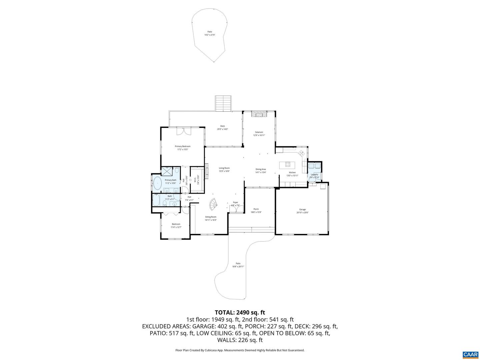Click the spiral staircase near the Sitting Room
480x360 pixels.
tap(213, 204)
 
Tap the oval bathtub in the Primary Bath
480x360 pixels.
tap(157, 183)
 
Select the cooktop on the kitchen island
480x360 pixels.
tap(288, 164)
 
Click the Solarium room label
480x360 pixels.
tap(259, 132)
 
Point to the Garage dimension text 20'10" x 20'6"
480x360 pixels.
tap(302, 212)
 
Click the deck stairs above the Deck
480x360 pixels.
tap(223, 103)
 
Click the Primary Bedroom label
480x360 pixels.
tap(183, 146)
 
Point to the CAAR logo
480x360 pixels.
tap(470, 354)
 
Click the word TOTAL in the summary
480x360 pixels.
tap(224, 312)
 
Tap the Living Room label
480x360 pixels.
tap(224, 168)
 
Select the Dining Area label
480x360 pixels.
tap(261, 169)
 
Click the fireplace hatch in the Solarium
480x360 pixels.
tap(259, 114)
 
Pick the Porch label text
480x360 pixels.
tap(256, 209)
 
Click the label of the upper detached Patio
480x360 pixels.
tap(210, 32)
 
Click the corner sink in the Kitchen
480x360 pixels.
tap(301, 153)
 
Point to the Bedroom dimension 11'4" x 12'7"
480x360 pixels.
tap(176, 227)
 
